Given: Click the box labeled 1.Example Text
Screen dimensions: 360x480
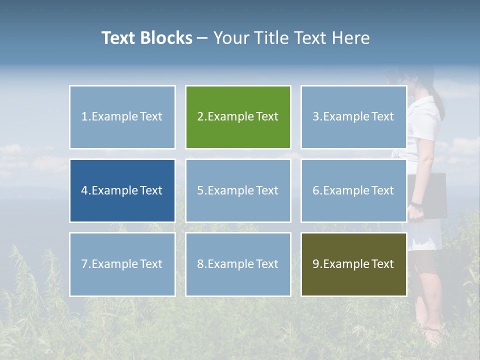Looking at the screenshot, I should [x=122, y=117].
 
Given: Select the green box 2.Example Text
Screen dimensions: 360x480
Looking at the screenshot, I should [x=238, y=117].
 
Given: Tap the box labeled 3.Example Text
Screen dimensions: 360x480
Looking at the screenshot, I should [x=353, y=117].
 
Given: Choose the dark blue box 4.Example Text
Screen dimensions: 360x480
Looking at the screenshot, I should [x=122, y=190].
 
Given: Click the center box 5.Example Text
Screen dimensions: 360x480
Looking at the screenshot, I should [x=238, y=190].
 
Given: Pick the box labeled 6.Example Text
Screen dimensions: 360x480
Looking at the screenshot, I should [x=353, y=190].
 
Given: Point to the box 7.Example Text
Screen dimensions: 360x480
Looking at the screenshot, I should [x=122, y=264].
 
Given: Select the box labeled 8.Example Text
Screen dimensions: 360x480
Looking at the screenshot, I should [x=238, y=264].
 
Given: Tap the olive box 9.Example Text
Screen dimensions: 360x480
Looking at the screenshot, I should [x=353, y=264].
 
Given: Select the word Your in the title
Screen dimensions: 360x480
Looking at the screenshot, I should [x=232, y=38].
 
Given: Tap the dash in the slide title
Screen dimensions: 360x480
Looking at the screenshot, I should [x=202, y=38].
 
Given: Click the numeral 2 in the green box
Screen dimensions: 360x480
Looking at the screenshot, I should [x=200, y=117].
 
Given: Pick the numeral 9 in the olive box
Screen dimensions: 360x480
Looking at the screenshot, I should [x=315, y=264].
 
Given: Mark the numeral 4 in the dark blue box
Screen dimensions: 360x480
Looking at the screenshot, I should [x=84, y=190].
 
